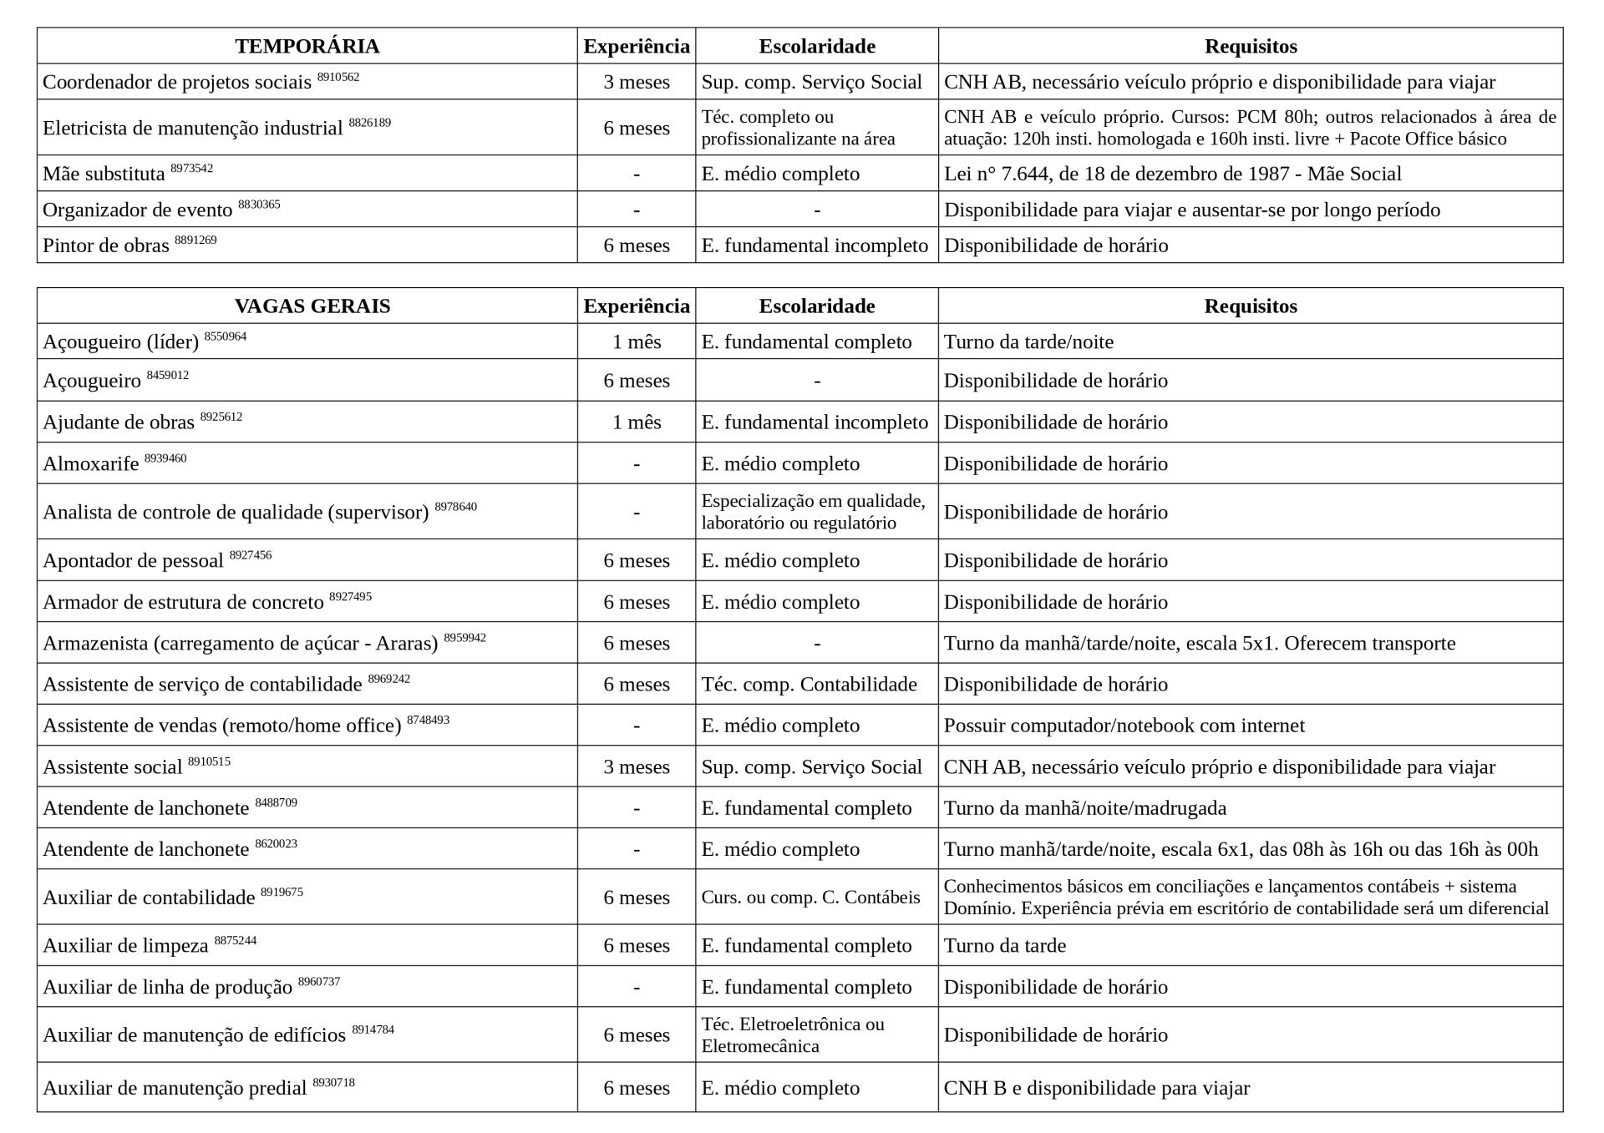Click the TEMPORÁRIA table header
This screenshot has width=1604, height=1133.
[307, 46]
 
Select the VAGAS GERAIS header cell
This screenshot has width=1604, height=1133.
[312, 306]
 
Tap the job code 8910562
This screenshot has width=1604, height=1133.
[338, 77]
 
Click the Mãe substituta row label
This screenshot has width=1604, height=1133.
[104, 174]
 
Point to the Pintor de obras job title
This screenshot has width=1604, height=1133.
[106, 245]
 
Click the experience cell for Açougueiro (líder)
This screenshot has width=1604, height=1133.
[636, 341]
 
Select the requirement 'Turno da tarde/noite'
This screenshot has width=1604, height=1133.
[1028, 341]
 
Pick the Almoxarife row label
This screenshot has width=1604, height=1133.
[91, 463]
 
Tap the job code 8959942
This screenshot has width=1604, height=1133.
[464, 638]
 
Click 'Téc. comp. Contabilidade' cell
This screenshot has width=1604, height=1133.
[809, 684]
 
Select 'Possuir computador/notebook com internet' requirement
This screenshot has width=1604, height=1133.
[1124, 725]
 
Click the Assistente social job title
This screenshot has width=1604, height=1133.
[113, 766]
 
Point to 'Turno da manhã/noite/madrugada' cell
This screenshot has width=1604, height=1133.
[1084, 807]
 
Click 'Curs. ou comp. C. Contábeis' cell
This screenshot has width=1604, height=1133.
[810, 897]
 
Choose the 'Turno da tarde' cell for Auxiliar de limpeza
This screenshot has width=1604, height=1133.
[1005, 945]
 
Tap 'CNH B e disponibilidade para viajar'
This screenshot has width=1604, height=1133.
[1096, 1088]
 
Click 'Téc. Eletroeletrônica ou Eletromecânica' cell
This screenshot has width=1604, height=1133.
[793, 1034]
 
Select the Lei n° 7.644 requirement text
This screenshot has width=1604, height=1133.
[1172, 174]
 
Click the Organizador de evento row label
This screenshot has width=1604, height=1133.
[137, 210]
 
